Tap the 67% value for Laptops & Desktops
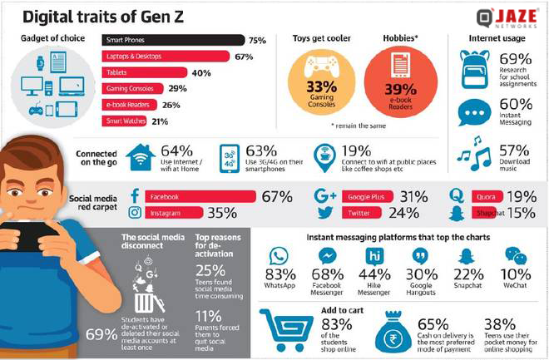point(243,57)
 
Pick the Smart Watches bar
point(124,121)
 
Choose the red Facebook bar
point(200,197)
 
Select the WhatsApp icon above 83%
point(279,256)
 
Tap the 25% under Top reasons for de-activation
point(210,270)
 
